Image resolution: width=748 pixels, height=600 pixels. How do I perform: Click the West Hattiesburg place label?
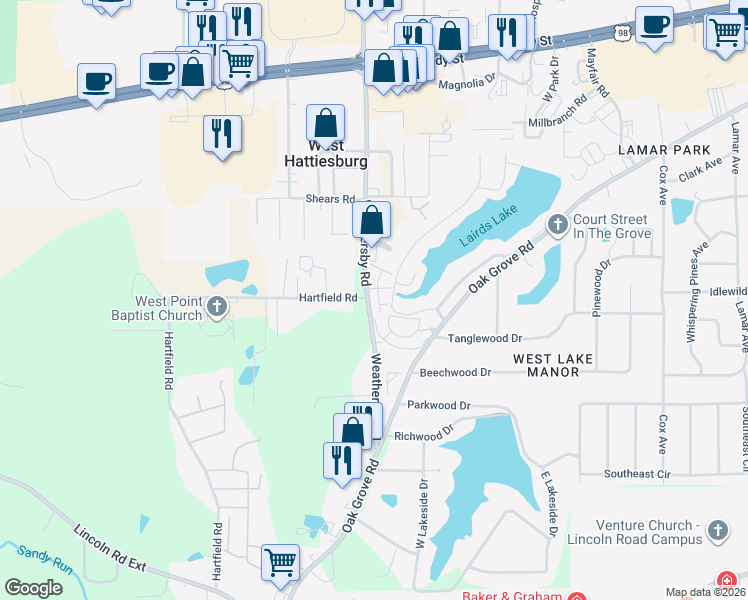(325, 152)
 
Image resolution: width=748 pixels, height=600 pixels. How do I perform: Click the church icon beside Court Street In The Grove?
(557, 223)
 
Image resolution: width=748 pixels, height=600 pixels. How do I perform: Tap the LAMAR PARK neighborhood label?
(656, 149)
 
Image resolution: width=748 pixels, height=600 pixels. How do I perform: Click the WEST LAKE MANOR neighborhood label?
(553, 365)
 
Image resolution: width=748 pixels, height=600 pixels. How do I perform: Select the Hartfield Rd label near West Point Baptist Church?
(328, 298)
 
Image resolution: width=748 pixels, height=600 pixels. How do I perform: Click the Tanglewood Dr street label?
(485, 339)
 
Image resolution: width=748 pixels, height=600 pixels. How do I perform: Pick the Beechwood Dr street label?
(456, 372)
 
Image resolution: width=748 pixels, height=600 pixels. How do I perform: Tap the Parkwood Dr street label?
(439, 406)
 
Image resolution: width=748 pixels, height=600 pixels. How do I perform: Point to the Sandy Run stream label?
(44, 558)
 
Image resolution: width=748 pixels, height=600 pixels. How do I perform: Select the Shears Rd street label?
(330, 199)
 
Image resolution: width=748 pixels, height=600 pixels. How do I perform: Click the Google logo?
(33, 588)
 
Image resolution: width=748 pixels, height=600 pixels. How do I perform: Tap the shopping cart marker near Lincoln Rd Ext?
(281, 562)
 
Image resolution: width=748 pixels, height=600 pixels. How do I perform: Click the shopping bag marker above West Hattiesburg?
(325, 124)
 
